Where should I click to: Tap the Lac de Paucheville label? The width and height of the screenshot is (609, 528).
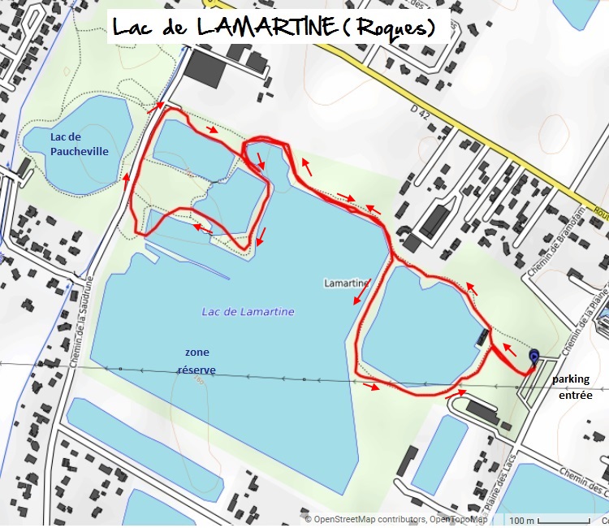click(78, 144)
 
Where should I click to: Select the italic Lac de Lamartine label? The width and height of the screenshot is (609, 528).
click(248, 312)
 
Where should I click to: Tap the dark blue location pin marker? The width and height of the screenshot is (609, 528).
click(534, 357)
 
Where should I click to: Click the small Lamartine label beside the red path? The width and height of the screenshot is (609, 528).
click(346, 283)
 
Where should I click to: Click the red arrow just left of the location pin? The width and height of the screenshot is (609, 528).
click(509, 350)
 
